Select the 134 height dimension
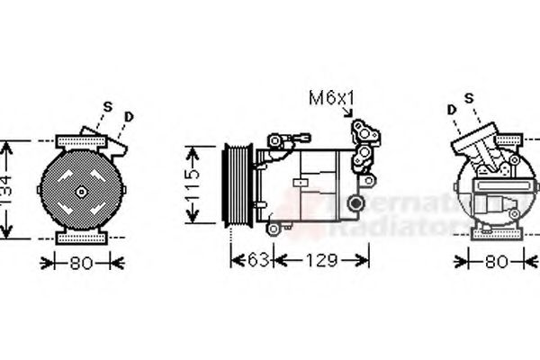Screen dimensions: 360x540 click(x=7, y=191)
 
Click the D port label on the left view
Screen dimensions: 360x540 click(x=130, y=115)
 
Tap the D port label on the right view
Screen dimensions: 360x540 click(x=451, y=110)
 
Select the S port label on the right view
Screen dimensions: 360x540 click(x=468, y=98)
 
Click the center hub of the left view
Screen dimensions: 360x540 click(x=80, y=191)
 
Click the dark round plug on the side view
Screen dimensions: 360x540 click(x=358, y=203)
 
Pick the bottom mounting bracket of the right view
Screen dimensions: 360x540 click(x=497, y=238)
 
